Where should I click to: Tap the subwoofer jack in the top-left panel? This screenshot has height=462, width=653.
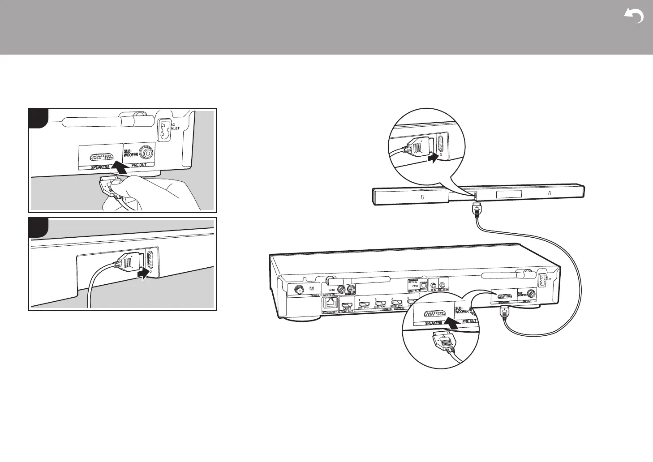(146, 153)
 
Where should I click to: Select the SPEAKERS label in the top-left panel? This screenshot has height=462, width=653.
(100, 167)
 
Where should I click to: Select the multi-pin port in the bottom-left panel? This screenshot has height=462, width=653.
(151, 259)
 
